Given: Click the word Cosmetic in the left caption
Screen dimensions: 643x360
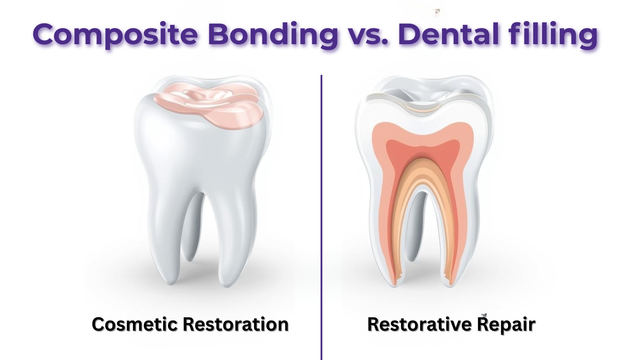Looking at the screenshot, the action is (135, 324).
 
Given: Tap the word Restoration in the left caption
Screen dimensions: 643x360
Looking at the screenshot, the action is (235, 324).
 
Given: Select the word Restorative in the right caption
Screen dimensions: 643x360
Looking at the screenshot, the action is (419, 324).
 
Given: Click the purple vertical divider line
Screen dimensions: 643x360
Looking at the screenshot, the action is (321, 217).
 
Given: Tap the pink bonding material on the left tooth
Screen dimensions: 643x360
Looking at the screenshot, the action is (209, 106).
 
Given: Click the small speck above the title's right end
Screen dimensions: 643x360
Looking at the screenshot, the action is (437, 12).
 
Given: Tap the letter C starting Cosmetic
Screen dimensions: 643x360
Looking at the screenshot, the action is (98, 324).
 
